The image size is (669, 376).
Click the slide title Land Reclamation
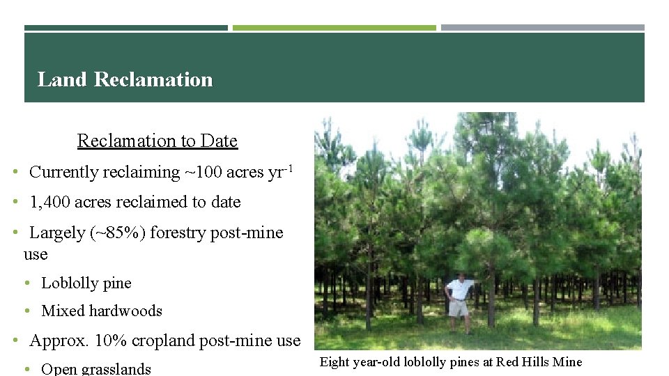pyautogui.click(x=125, y=79)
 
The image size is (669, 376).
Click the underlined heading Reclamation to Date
pyautogui.click(x=157, y=141)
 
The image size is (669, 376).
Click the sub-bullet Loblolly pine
pyautogui.click(x=86, y=283)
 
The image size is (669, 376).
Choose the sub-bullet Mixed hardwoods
pyautogui.click(x=102, y=311)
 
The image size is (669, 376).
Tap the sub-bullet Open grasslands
pyautogui.click(x=96, y=368)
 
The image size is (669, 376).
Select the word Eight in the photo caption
pyautogui.click(x=334, y=361)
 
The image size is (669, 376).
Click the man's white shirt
pyautogui.click(x=459, y=288)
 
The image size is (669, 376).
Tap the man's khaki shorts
pyautogui.click(x=459, y=307)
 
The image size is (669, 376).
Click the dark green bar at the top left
pyautogui.click(x=126, y=28)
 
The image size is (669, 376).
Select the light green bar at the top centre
pyautogui.click(x=334, y=28)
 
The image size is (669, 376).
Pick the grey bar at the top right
pyautogui.click(x=542, y=28)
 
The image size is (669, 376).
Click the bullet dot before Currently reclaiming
pyautogui.click(x=15, y=172)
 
